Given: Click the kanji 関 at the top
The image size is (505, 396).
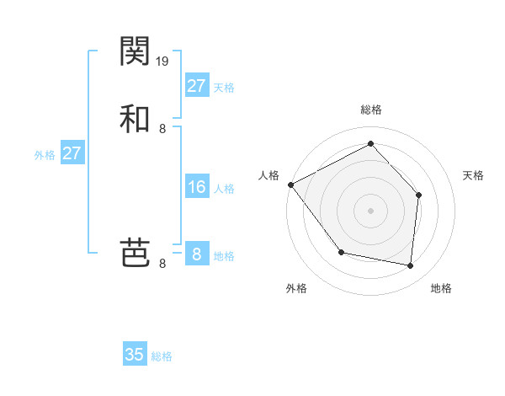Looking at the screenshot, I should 136,51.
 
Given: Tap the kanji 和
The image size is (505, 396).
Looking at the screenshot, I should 136,118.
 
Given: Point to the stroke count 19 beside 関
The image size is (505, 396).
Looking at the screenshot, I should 163,62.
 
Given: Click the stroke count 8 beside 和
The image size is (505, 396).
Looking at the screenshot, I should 162,128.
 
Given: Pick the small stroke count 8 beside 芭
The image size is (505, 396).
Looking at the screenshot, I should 162,264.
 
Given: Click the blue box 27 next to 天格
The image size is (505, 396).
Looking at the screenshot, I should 197,86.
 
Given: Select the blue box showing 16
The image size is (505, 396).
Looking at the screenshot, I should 197,187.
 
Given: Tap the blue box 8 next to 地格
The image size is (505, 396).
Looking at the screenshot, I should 197,254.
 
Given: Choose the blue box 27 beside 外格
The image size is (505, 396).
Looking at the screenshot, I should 72,153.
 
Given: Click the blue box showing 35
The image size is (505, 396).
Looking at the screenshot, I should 135,355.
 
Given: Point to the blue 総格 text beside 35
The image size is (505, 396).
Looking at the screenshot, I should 162,356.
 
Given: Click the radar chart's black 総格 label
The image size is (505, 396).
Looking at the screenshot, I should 370,110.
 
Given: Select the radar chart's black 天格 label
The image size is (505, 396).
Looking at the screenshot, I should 474,175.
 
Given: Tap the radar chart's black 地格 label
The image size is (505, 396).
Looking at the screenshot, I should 441,289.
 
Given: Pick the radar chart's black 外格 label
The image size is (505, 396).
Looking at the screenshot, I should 296,289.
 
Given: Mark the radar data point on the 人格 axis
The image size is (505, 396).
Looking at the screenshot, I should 290,185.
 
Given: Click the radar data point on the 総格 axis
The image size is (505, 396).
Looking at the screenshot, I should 370,143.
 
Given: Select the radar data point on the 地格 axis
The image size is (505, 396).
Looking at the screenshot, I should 410,266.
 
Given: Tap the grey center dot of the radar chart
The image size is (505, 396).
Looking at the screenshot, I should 370,211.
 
